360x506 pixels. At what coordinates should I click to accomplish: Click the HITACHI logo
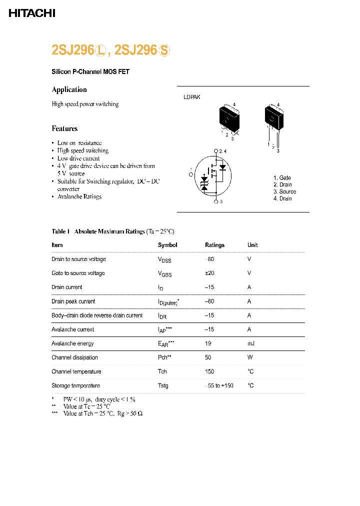coord(32,13)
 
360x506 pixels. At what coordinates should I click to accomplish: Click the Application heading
coord(69,89)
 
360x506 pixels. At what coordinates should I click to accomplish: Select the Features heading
coord(64,128)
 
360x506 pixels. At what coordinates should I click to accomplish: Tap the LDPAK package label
coord(191,97)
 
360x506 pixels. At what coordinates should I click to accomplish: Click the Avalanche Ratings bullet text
coord(79,196)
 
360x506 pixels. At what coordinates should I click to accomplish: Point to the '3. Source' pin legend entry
coord(284,191)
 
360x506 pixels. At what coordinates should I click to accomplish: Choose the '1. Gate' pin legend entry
coord(282,178)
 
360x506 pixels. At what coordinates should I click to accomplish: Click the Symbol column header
coord(167,245)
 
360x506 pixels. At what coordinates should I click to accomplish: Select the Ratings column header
coord(214,245)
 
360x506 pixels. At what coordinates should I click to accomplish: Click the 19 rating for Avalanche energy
coord(208,343)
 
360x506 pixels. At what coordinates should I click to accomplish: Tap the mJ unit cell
coord(250,343)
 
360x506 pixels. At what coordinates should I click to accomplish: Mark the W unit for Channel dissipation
coord(249,357)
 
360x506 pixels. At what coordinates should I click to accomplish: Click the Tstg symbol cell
coord(163,385)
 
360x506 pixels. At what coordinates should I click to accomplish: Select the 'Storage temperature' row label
coord(75,385)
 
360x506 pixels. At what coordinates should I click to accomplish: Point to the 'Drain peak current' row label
coord(73,301)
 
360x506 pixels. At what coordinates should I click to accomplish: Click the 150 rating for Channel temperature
coord(209,371)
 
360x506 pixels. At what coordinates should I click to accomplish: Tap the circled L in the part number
coord(101,50)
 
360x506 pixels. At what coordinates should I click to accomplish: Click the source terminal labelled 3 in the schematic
coord(216,201)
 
